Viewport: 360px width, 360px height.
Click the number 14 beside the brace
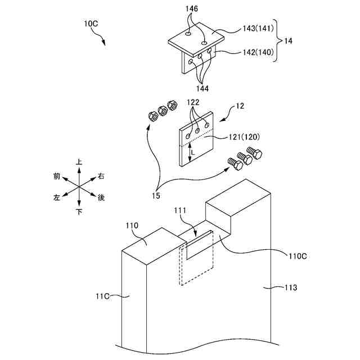coord(288,41)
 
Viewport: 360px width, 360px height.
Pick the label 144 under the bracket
coord(204,88)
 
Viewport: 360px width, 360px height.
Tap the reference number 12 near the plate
coord(240,106)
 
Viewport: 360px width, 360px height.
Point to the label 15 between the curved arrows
coord(154,195)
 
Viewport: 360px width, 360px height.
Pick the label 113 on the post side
coord(290,287)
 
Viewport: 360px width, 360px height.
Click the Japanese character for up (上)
coord(79,162)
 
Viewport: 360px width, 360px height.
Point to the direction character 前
coord(57,177)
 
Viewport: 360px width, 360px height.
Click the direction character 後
coord(102,197)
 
